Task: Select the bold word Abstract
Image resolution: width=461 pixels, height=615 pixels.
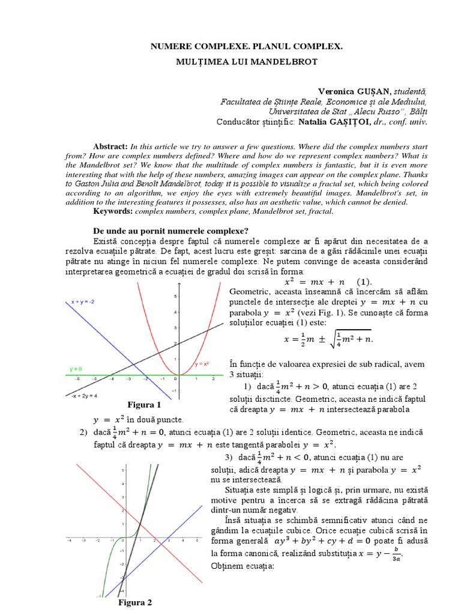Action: pos(110,147)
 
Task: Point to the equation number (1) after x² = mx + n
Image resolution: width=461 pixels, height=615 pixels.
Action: pos(364,281)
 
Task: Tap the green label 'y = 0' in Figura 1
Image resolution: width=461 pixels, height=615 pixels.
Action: pos(76,368)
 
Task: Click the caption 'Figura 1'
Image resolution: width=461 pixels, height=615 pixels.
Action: pos(144,405)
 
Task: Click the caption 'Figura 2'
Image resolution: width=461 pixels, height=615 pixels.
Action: pos(134,602)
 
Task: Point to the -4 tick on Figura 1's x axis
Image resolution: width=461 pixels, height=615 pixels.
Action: pos(110,380)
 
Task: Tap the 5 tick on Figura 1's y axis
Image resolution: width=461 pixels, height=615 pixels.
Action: pos(175,297)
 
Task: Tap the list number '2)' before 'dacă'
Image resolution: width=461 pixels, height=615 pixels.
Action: pos(83,432)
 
